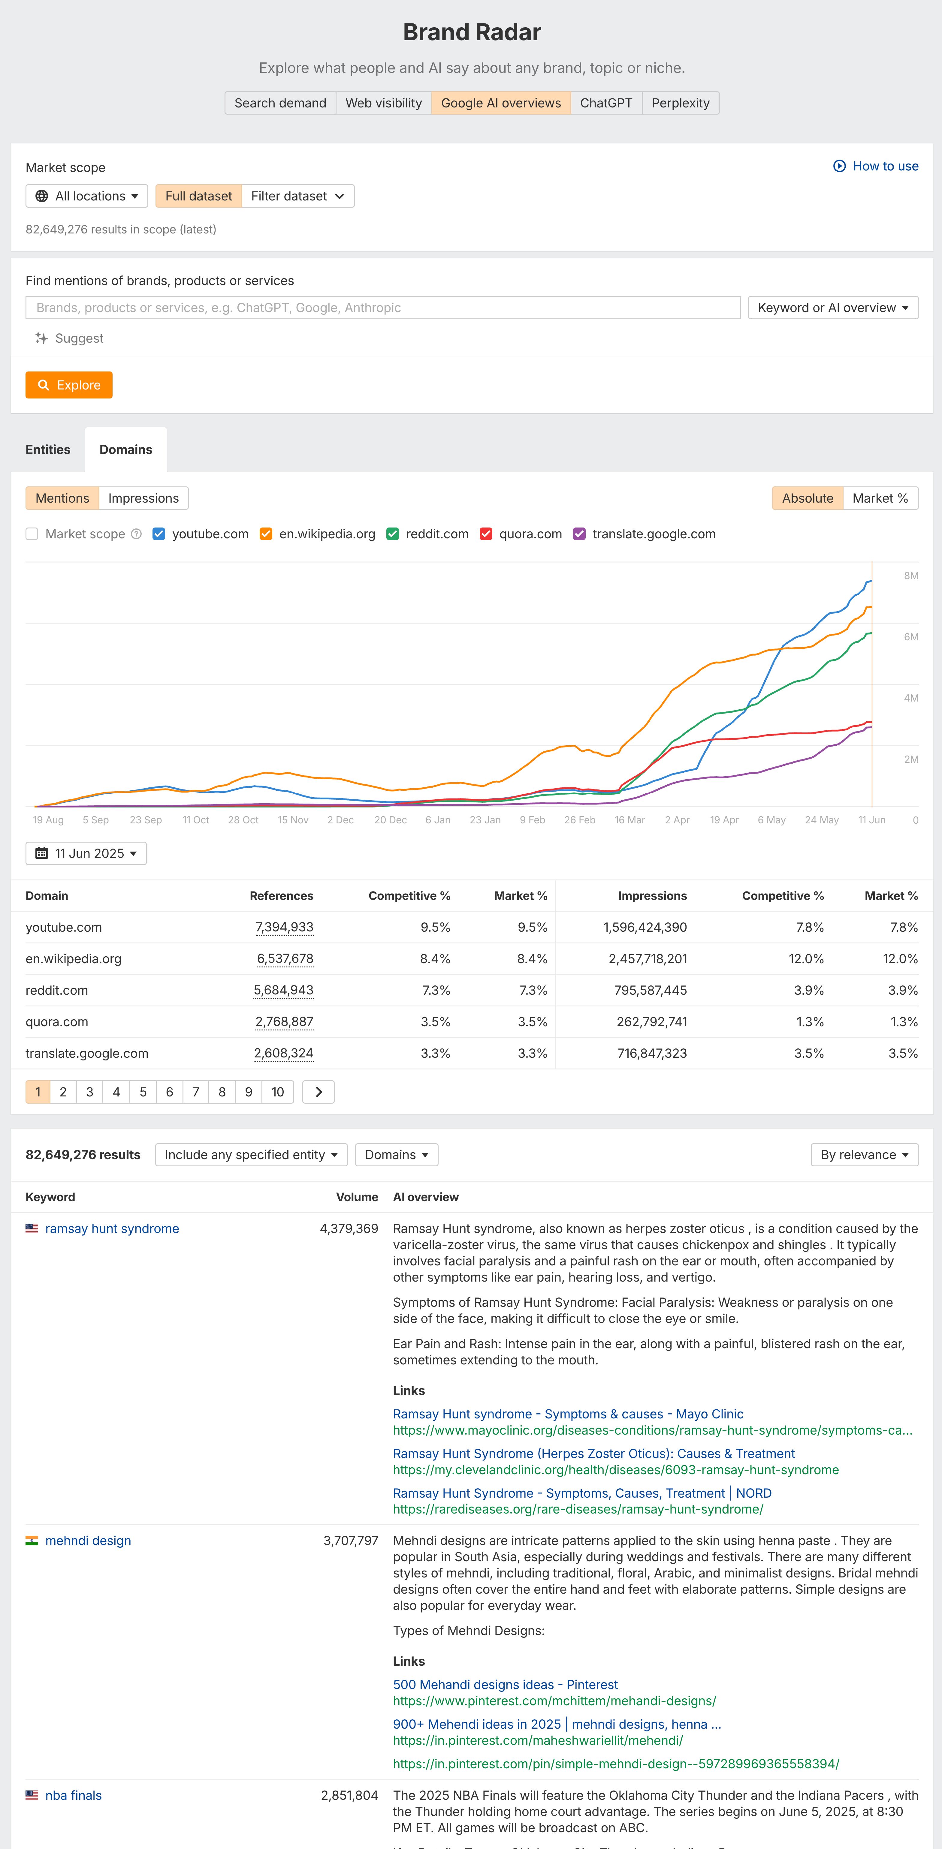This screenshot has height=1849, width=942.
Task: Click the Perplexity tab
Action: coord(680,103)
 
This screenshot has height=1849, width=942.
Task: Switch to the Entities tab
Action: coord(48,449)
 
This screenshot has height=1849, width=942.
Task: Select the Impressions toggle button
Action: coord(143,498)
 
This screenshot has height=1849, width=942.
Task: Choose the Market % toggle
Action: coord(880,498)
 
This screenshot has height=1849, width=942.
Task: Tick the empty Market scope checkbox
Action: coord(32,534)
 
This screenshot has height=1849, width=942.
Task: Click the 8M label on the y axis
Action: coord(910,576)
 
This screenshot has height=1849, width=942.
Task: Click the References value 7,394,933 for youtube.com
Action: coord(284,928)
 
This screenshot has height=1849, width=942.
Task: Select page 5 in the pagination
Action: coord(143,1092)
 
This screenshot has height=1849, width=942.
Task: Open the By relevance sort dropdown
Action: coord(864,1155)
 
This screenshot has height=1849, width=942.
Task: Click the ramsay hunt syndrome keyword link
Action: coord(112,1229)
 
